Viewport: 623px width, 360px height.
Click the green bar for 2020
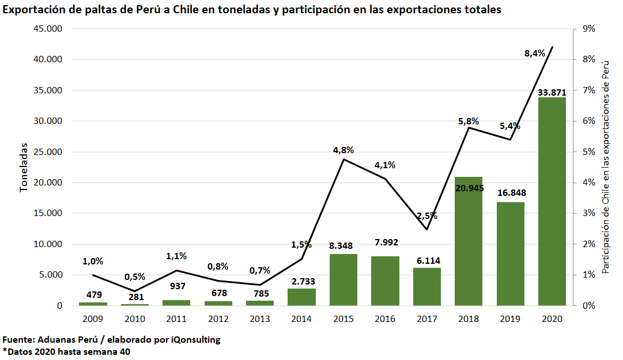click(552, 202)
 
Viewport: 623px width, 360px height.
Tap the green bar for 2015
click(343, 279)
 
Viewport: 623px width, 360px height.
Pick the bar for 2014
click(301, 297)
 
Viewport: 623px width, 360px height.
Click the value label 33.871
click(552, 92)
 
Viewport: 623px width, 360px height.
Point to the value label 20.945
click(469, 188)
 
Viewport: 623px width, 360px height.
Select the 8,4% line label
click(534, 53)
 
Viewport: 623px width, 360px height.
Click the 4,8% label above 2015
click(343, 150)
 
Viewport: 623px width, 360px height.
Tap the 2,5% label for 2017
click(427, 216)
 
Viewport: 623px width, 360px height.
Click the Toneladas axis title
click(24, 167)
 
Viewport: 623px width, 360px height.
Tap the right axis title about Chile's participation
click(605, 167)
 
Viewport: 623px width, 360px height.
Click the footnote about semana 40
click(66, 351)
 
